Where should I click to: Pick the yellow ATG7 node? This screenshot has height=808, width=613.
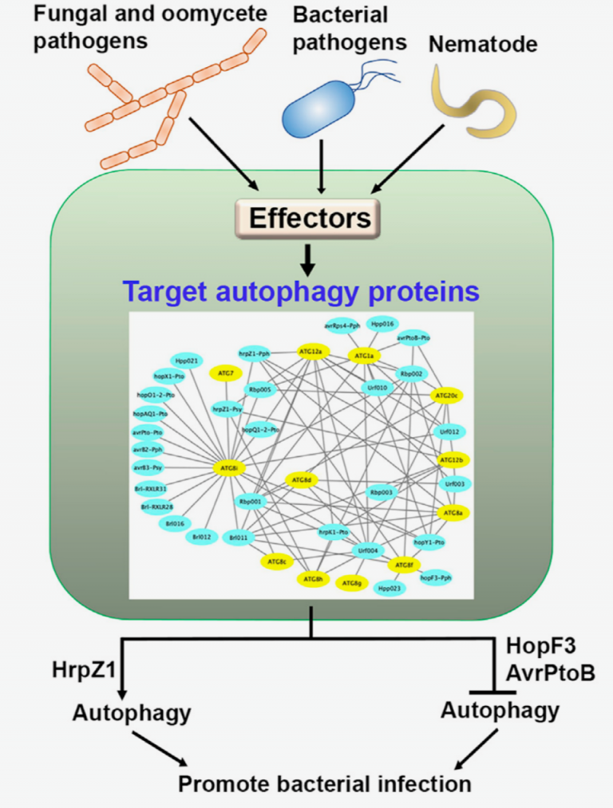(x=224, y=372)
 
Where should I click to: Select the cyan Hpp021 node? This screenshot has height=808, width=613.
(x=188, y=361)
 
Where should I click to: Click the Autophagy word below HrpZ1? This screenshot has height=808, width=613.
(x=132, y=711)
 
